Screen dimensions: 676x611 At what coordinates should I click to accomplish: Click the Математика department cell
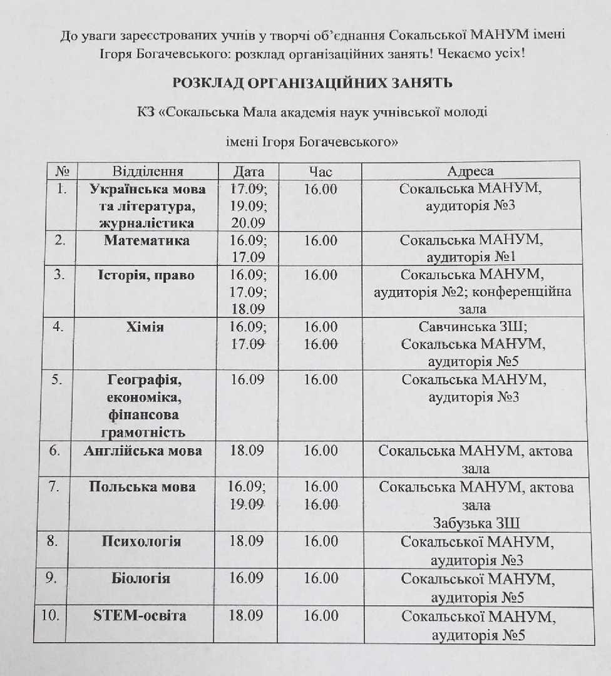147,240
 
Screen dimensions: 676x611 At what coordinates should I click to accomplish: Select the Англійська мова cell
143,451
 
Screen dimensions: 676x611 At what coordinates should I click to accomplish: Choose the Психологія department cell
141,541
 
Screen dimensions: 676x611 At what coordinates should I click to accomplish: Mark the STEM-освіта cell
140,615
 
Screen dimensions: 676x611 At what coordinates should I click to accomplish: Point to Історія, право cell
146,275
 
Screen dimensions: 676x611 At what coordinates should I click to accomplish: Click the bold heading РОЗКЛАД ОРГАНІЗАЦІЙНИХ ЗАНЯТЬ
312,83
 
